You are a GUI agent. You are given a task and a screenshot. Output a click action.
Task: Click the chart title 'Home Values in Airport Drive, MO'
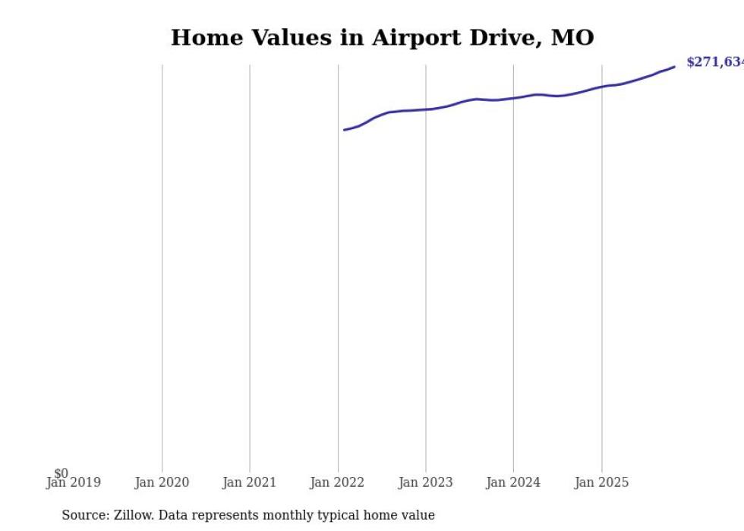click(x=382, y=37)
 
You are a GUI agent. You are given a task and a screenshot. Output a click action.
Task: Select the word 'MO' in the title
click(x=572, y=37)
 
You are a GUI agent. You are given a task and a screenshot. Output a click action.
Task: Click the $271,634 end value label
click(x=714, y=62)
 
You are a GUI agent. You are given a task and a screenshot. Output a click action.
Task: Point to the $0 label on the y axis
click(x=61, y=473)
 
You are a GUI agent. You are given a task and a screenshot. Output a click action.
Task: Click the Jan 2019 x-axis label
click(x=73, y=482)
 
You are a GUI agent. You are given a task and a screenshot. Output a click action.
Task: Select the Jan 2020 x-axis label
click(x=162, y=482)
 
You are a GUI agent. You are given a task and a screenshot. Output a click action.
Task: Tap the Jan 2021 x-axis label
click(x=250, y=482)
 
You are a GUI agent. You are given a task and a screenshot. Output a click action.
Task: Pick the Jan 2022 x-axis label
click(x=338, y=482)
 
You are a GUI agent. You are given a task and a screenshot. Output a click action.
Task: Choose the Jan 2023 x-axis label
click(x=426, y=482)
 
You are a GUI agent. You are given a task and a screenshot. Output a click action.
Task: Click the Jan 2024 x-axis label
click(x=513, y=482)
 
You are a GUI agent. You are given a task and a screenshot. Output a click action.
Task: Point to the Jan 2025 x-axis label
click(x=602, y=482)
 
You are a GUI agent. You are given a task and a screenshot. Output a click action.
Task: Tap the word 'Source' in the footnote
click(x=84, y=515)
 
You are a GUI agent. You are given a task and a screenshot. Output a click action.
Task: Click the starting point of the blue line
click(x=345, y=130)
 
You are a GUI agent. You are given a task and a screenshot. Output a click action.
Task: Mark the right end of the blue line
click(x=674, y=67)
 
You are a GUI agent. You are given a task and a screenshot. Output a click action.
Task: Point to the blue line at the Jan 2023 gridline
click(x=426, y=109)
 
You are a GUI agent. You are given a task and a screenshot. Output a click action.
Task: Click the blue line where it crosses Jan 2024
click(x=513, y=98)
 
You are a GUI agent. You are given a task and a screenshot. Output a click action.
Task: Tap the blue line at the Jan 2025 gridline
click(x=602, y=87)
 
